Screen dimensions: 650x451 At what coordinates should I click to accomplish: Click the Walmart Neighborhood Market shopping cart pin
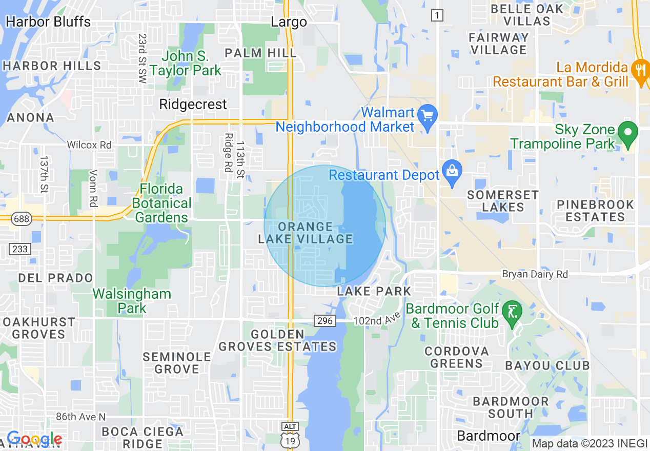coord(427,116)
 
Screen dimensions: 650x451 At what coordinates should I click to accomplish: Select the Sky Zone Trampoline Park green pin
coord(627,134)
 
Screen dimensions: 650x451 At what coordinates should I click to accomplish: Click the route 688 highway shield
coord(23,219)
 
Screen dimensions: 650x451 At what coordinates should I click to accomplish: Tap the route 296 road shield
coord(325,321)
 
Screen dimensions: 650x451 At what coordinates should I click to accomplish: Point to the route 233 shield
coord(20,249)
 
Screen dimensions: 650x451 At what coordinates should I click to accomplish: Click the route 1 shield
coord(437,16)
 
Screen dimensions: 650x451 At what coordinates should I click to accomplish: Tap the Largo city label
coord(289,22)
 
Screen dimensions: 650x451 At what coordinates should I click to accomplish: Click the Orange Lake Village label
coord(306,233)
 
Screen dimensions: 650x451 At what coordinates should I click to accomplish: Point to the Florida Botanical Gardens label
coord(161,203)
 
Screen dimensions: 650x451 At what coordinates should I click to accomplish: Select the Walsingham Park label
coord(132,301)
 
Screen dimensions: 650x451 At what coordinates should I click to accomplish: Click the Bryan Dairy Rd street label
coord(535,274)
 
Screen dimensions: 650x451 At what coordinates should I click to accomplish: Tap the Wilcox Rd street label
coord(89,145)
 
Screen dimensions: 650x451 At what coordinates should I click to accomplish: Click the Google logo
coord(34,439)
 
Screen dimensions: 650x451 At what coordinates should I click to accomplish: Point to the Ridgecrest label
coord(193,105)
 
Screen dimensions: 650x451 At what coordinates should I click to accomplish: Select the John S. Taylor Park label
coord(186,64)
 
